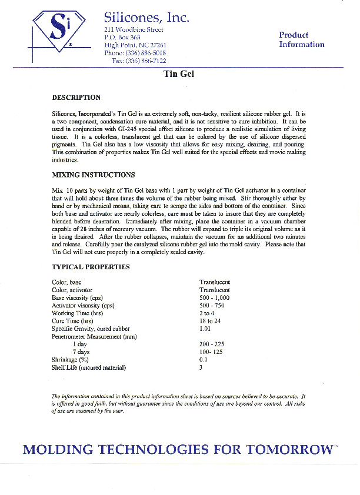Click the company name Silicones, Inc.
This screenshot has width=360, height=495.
click(146, 18)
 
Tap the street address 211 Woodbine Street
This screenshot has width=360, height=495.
click(134, 29)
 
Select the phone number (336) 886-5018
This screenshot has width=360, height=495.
click(135, 52)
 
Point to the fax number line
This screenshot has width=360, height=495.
click(139, 61)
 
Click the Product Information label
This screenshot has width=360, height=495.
click(301, 39)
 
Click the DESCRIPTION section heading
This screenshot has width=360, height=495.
click(76, 98)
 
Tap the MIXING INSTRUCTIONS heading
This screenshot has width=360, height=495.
click(94, 175)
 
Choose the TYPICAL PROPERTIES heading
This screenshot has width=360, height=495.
click(91, 267)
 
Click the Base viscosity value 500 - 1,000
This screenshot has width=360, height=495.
click(215, 298)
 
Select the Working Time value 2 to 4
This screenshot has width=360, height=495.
click(207, 313)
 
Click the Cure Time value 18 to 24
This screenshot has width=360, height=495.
click(210, 321)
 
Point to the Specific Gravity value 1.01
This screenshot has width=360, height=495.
click(205, 329)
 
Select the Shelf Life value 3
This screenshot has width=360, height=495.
click(201, 367)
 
